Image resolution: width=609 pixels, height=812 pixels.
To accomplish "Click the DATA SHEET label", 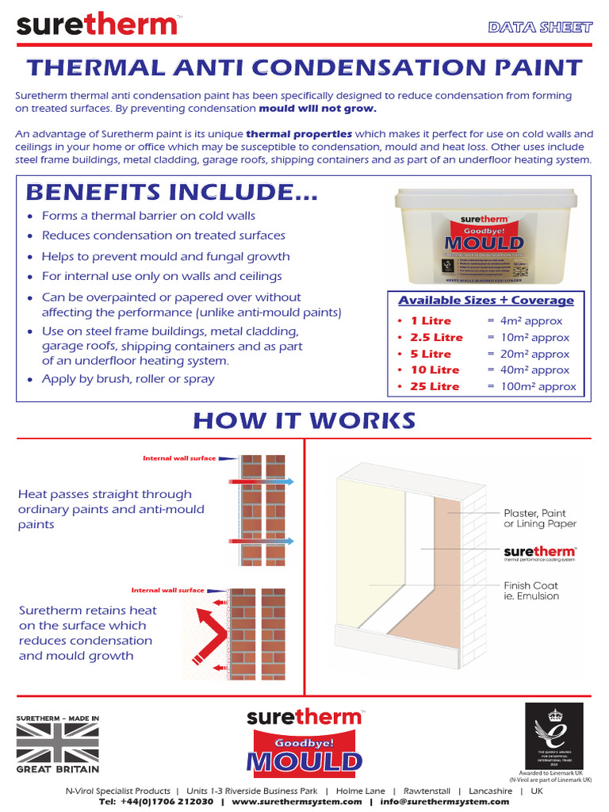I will [540, 27].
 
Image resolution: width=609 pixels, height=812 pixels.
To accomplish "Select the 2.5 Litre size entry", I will [431, 338].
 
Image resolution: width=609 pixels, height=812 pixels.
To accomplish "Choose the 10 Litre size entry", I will [435, 370].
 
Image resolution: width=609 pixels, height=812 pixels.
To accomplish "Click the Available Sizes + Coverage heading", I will [485, 301].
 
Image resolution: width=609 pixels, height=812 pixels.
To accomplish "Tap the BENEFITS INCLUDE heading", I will [172, 192].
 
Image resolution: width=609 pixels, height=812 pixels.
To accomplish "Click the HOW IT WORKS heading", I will [304, 420].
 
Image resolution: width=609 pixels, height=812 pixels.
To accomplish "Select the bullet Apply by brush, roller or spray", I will [128, 379].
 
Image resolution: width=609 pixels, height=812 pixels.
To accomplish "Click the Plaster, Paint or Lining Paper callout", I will [540, 519].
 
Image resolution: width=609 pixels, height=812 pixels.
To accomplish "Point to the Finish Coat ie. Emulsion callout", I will [531, 591].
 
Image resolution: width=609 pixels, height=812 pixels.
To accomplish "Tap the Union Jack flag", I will [58, 744].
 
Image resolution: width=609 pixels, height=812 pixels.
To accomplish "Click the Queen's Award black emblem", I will [553, 735].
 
